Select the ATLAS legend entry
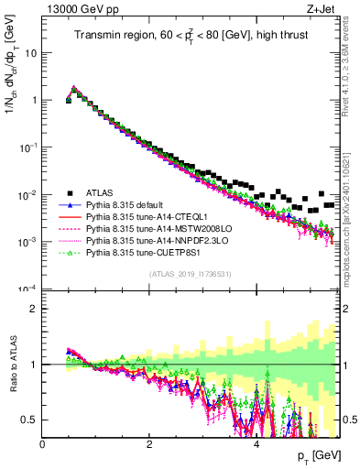101,192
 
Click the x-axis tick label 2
149,444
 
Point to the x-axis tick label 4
256,444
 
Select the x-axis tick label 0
43,444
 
